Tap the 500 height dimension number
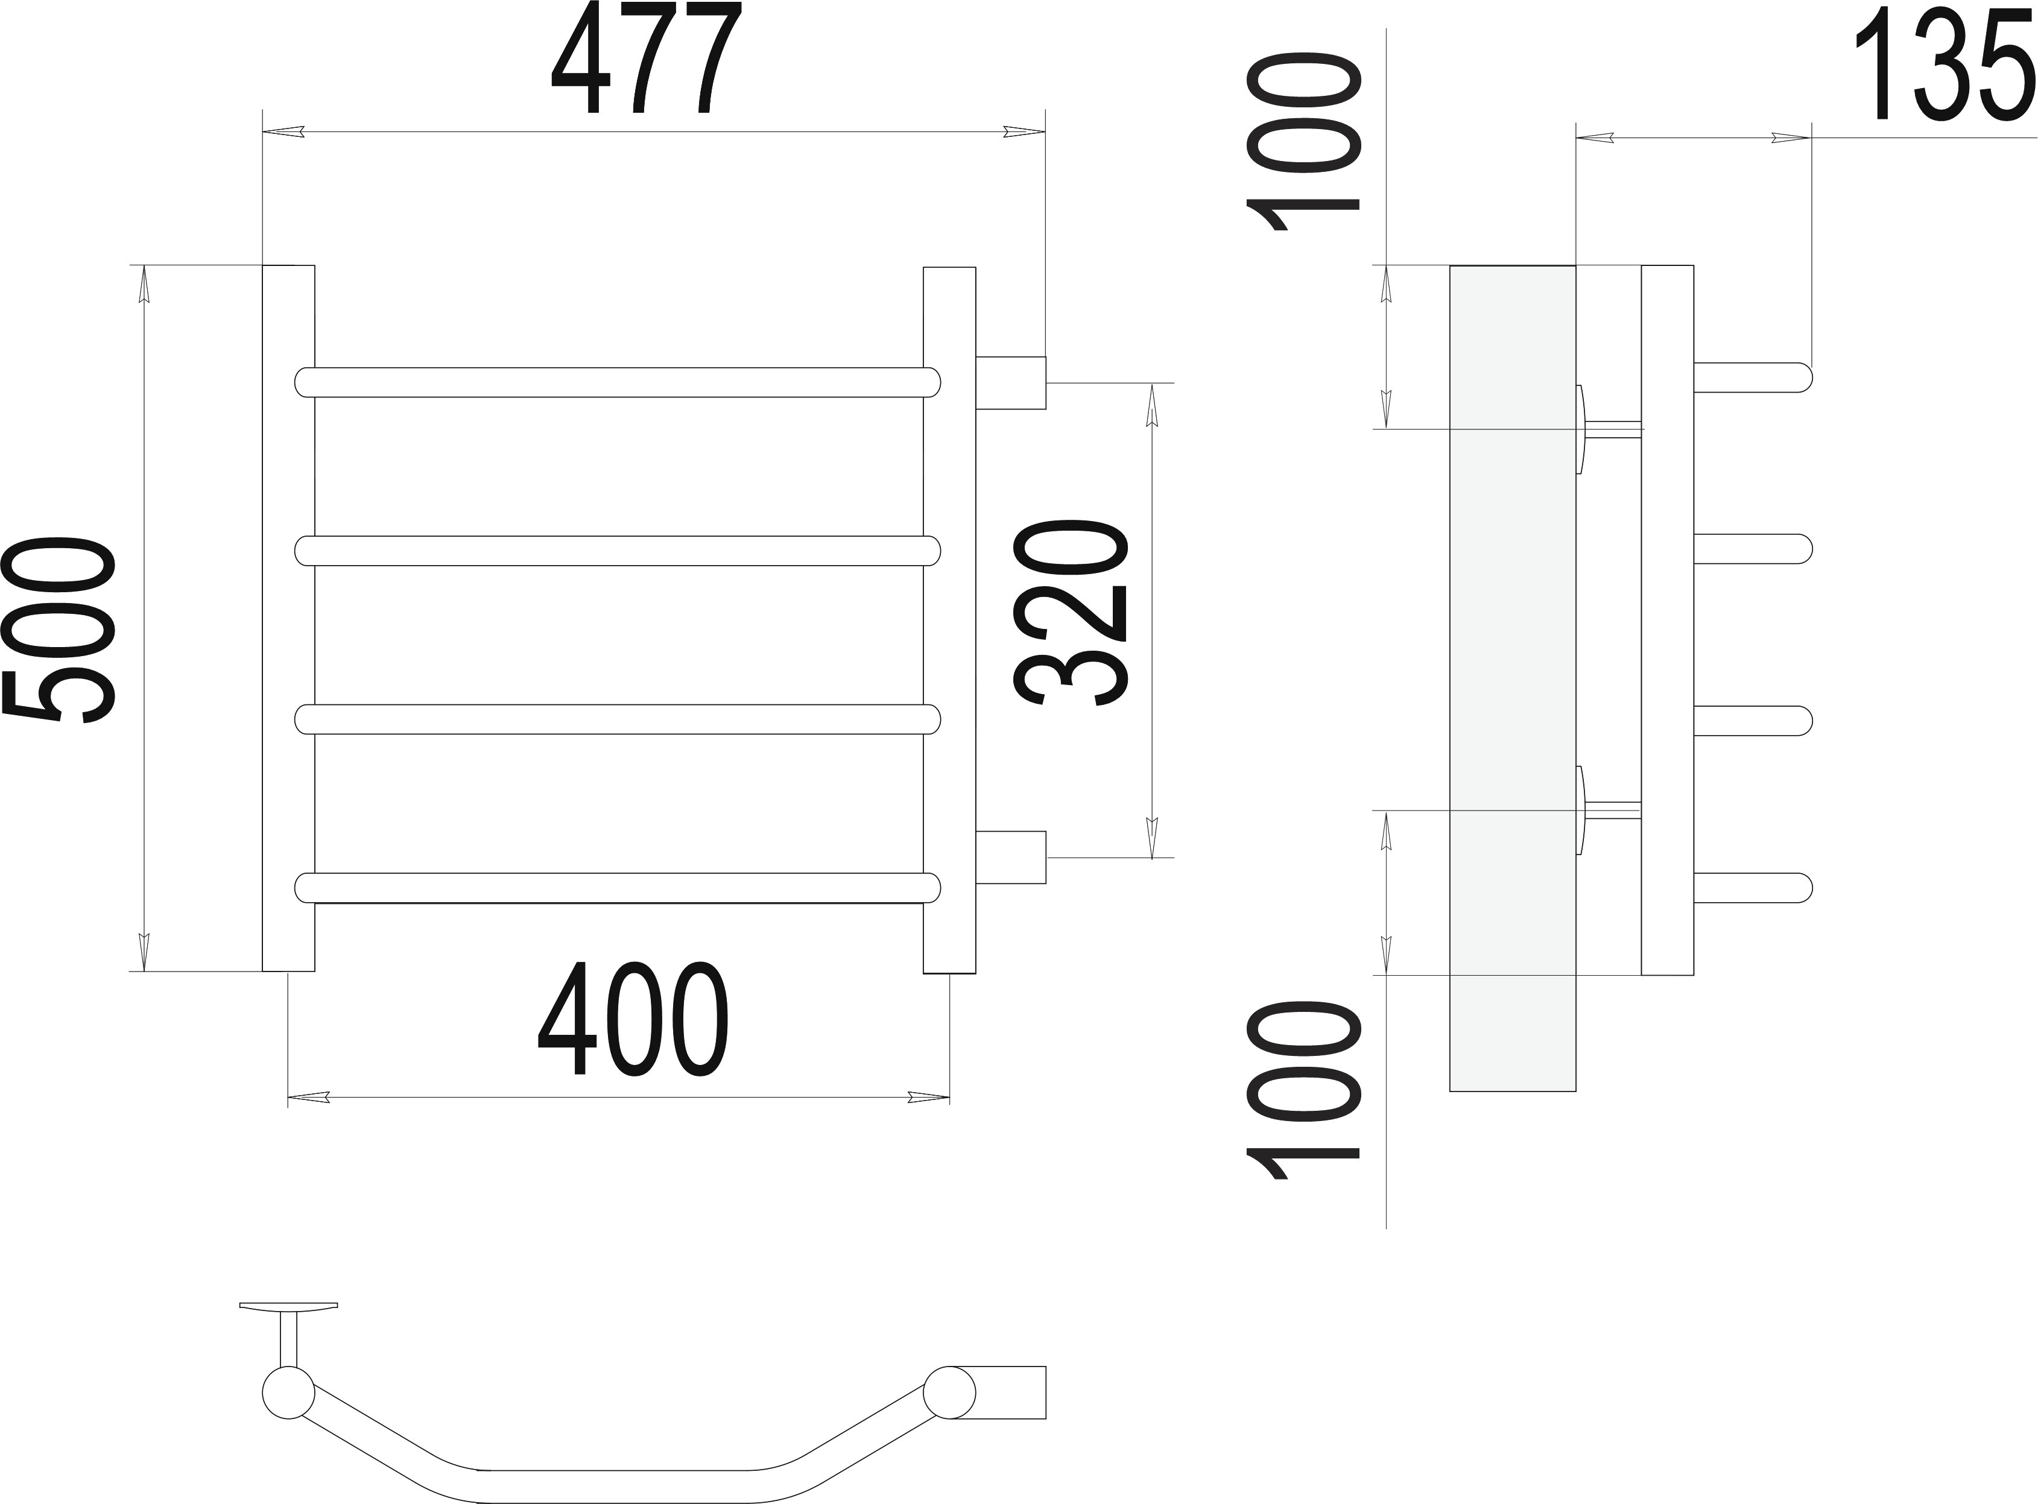coord(59,631)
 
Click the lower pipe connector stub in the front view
coord(1011,857)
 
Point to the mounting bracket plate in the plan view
coord(289,1307)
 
